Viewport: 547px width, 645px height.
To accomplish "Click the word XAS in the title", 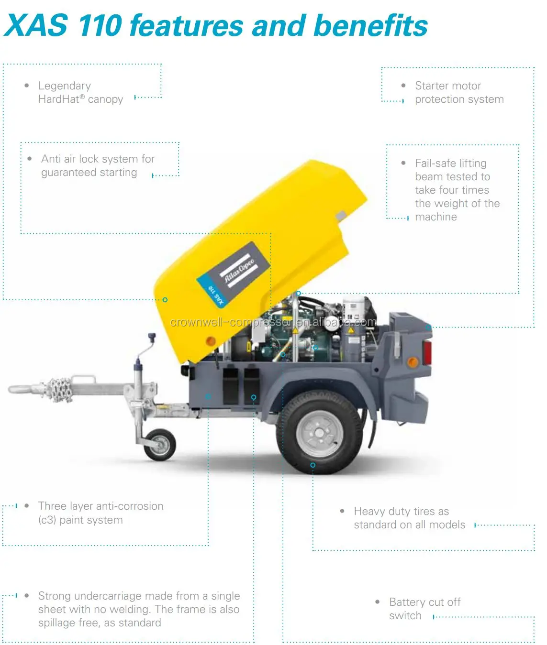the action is point(36,26).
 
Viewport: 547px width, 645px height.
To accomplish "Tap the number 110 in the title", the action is point(100,26).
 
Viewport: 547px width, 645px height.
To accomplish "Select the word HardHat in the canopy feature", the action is point(59,99).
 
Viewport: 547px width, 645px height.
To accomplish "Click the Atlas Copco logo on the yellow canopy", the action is point(233,274).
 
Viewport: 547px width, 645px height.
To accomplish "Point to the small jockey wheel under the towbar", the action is point(160,445).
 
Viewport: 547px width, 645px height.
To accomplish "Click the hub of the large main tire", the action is point(319,433).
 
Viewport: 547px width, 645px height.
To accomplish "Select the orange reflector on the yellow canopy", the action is point(211,340).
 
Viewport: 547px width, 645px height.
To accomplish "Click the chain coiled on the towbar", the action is point(59,390).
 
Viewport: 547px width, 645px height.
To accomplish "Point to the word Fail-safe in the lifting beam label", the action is point(435,163).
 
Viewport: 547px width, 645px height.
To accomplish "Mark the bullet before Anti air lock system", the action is point(29,159).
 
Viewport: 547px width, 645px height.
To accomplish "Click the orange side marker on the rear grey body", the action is point(413,362).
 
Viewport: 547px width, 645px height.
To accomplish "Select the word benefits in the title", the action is point(370,26).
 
